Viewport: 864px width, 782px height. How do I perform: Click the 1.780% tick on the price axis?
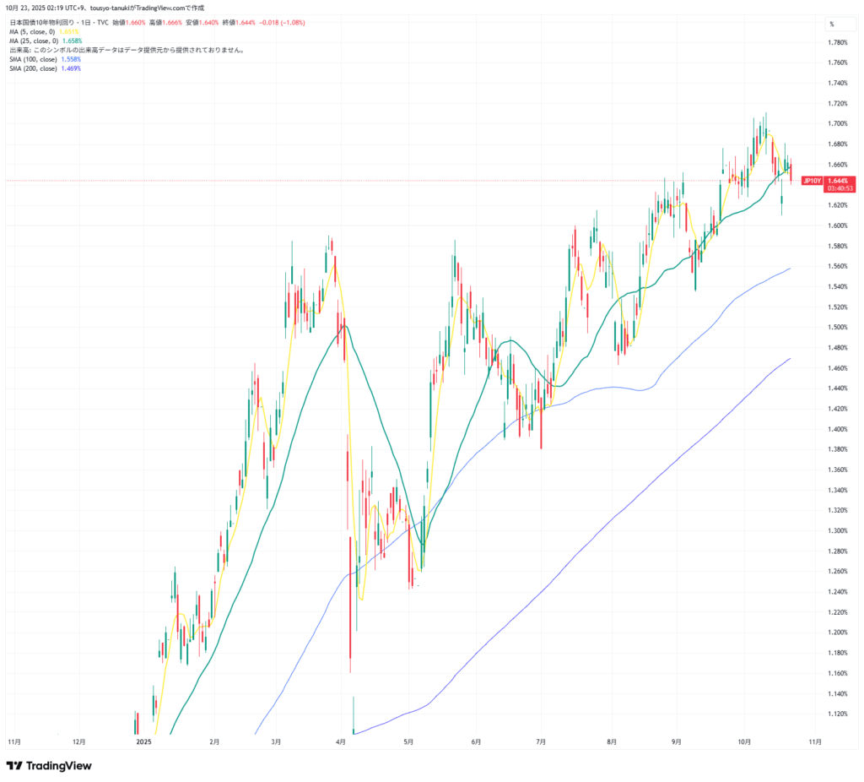point(837,42)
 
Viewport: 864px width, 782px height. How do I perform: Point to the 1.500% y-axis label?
point(837,327)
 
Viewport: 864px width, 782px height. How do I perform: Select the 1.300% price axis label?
point(837,530)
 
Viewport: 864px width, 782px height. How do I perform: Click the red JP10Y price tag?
point(812,181)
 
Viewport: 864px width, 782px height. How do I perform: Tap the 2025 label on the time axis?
point(143,741)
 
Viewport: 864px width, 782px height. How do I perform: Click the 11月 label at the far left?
point(14,741)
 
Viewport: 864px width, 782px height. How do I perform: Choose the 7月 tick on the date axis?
point(541,741)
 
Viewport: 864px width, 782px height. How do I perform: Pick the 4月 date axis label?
point(340,741)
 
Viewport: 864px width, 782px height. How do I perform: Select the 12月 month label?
point(78,741)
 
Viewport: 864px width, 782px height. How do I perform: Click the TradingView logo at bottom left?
point(49,765)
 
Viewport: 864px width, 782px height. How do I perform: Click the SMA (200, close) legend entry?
point(45,68)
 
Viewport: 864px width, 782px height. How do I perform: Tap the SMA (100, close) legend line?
point(45,60)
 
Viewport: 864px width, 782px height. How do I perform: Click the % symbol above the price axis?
point(831,24)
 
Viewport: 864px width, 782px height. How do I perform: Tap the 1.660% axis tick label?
point(837,165)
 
